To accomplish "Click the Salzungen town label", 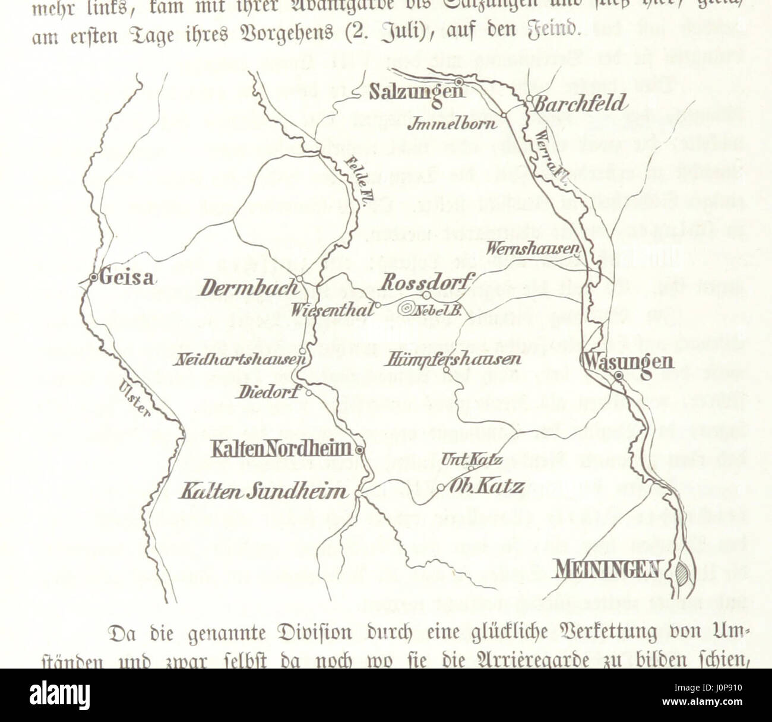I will pyautogui.click(x=416, y=93).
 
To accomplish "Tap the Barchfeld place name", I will pyautogui.click(x=580, y=104).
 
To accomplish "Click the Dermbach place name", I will pyautogui.click(x=249, y=289).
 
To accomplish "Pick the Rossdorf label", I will pyautogui.click(x=428, y=281).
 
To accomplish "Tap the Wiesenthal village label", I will pyautogui.click(x=333, y=309).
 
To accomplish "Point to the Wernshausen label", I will pyautogui.click(x=532, y=250).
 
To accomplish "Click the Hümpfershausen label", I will pyautogui.click(x=453, y=359).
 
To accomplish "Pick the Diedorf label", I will pyautogui.click(x=271, y=392).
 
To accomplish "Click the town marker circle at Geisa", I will pyautogui.click(x=93, y=277).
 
